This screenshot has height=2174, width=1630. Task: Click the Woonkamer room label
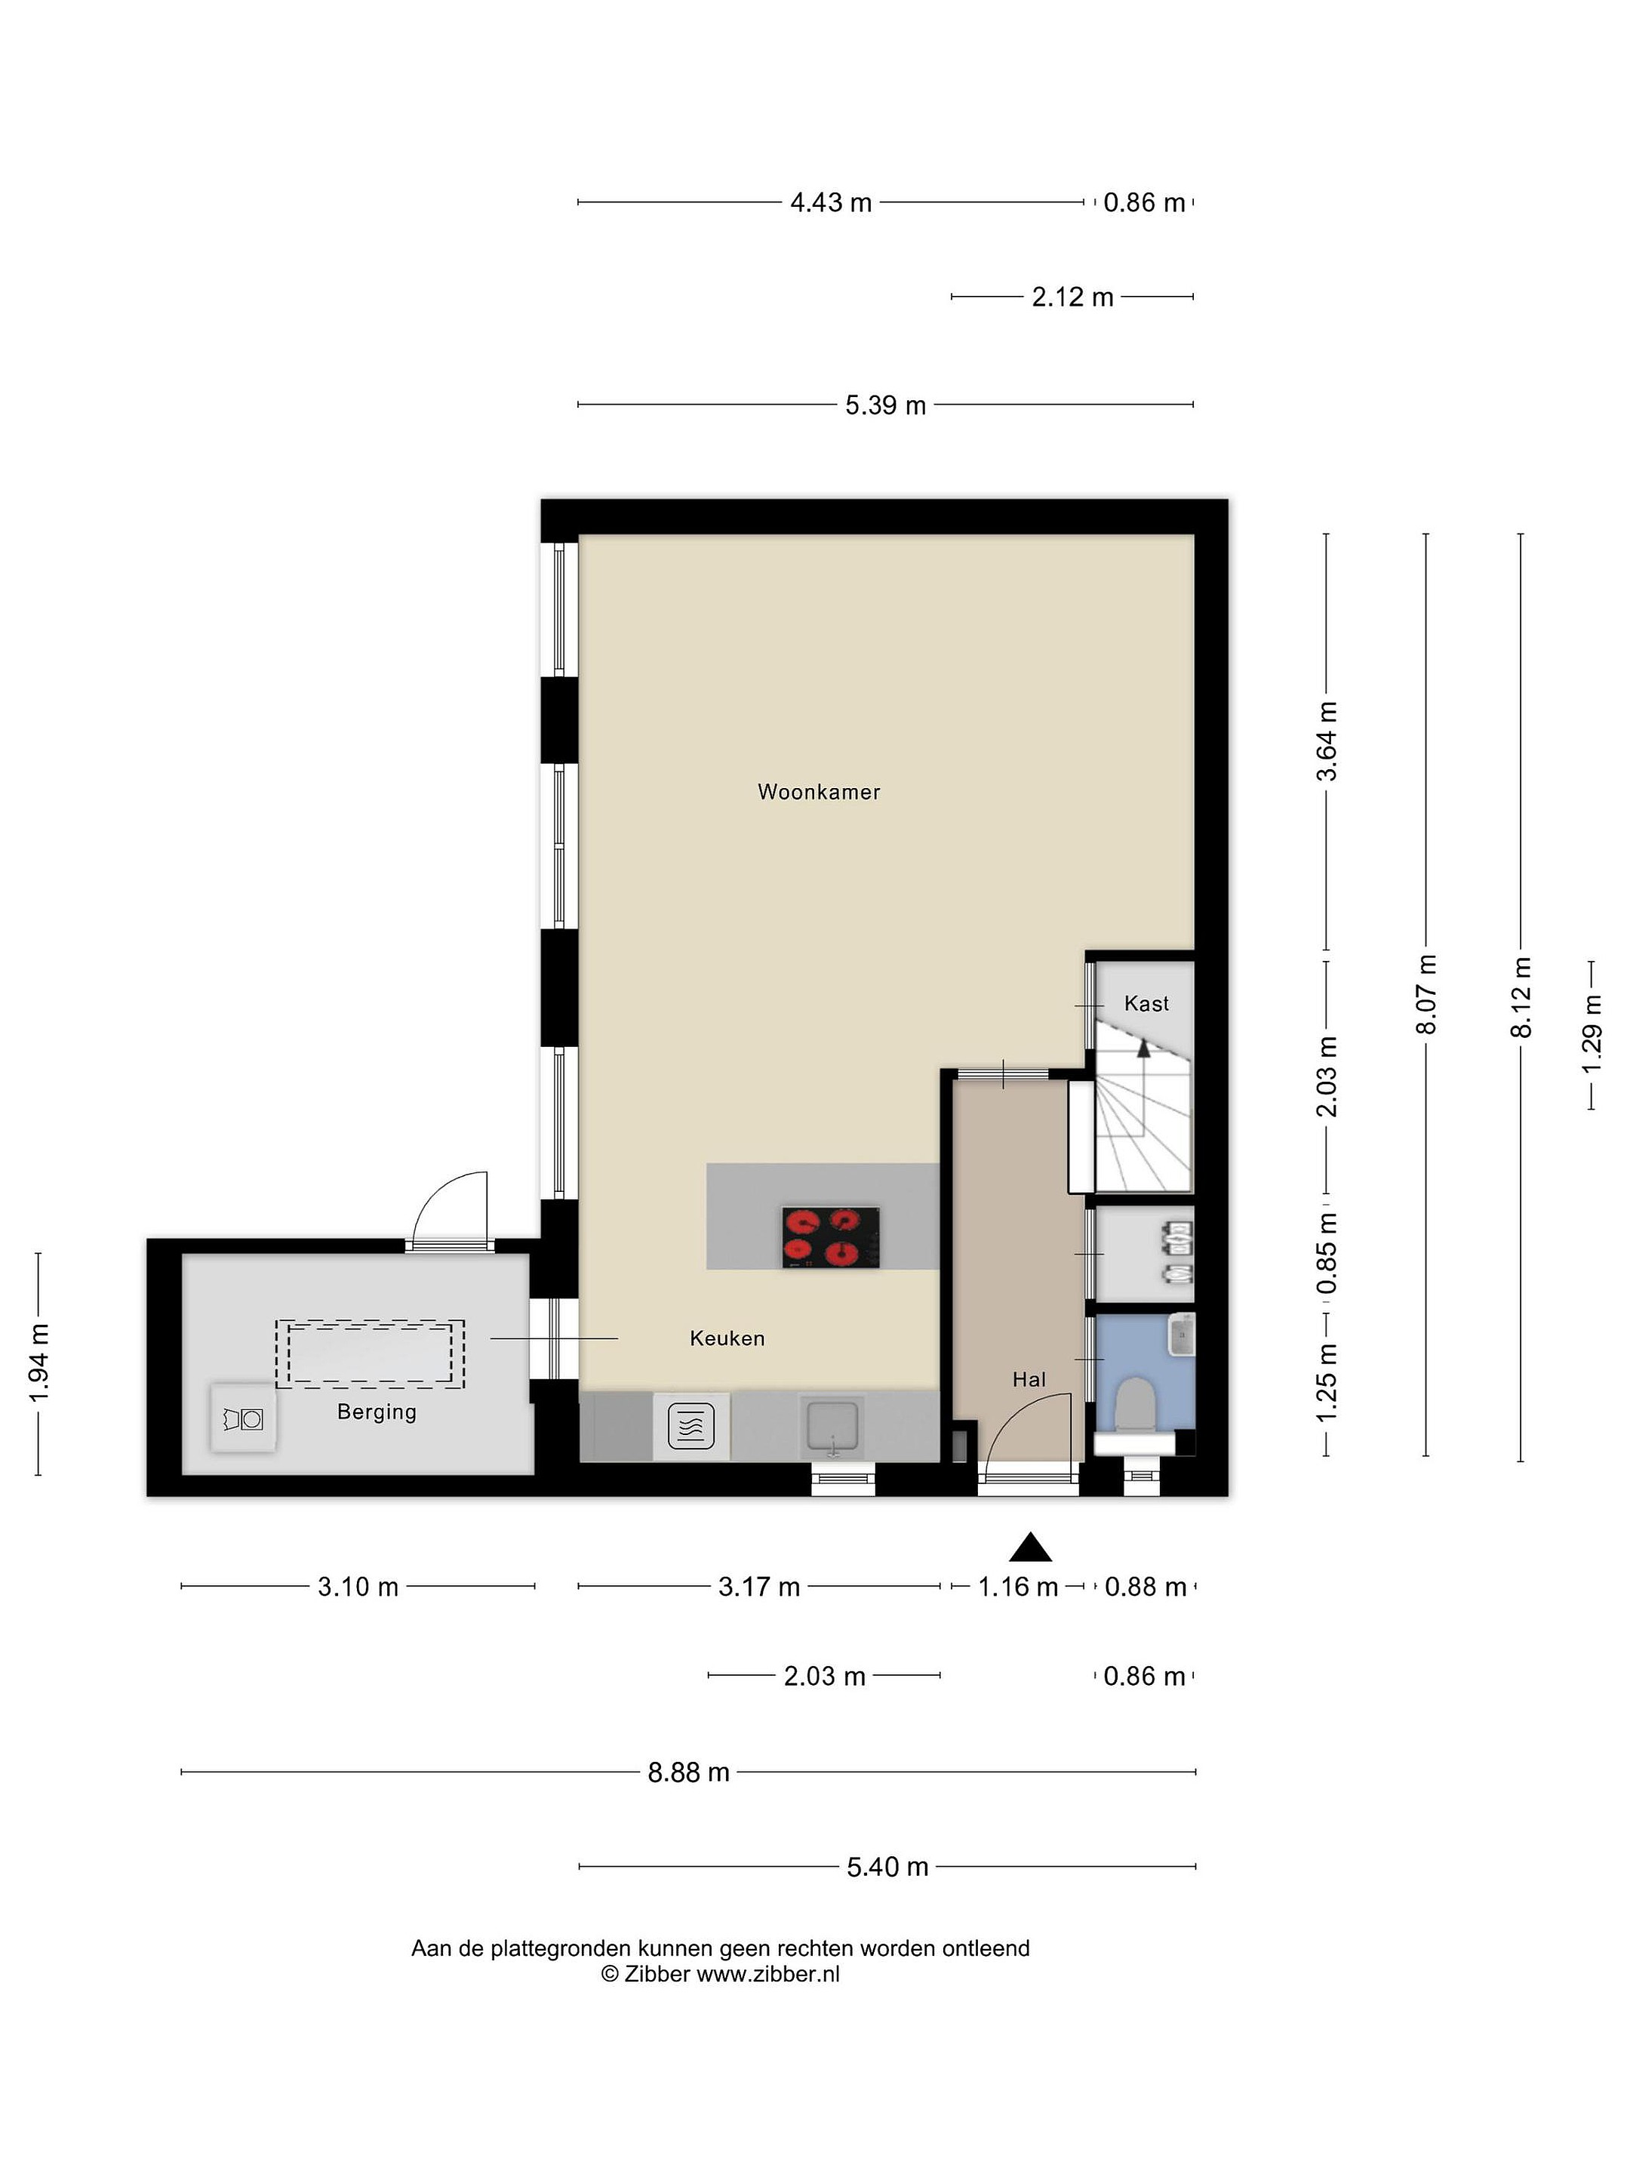(819, 792)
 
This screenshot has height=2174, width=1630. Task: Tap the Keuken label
(727, 1338)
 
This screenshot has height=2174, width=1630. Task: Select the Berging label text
(377, 1412)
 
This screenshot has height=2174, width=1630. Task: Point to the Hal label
(1029, 1380)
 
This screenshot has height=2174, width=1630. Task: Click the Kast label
(1146, 1003)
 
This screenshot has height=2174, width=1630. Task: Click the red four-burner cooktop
(831, 1237)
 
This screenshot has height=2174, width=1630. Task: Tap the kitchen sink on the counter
(831, 1426)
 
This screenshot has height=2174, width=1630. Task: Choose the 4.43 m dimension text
(831, 202)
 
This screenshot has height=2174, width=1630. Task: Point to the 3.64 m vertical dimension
(1327, 741)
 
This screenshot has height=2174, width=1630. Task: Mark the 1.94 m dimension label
(38, 1364)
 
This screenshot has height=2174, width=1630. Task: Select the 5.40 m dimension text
(887, 1866)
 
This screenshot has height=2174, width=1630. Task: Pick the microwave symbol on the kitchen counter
(690, 1426)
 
